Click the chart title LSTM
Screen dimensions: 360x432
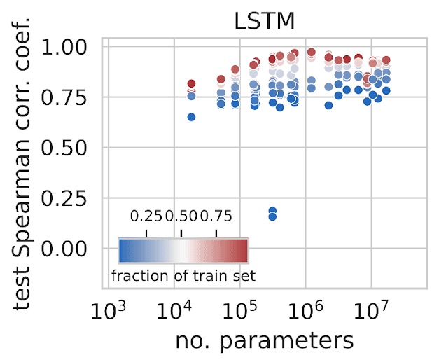pos(265,20)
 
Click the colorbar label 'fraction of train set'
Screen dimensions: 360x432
pos(183,275)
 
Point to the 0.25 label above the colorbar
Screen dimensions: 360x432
pos(146,215)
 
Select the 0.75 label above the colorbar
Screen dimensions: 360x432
pos(216,215)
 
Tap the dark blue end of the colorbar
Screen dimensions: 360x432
pos(122,249)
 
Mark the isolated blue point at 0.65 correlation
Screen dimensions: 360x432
pos(191,117)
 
